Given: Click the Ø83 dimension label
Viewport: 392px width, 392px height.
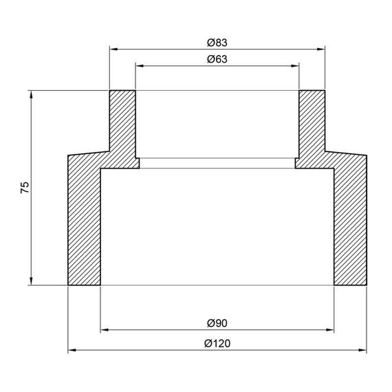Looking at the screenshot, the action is point(217,43).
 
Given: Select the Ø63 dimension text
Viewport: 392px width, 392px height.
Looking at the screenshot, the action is point(217,59).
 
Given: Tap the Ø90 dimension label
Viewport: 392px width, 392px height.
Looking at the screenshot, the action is point(217,323).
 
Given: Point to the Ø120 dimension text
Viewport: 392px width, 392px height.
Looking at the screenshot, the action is point(217,343).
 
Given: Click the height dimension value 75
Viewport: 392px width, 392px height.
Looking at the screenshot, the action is point(25,187).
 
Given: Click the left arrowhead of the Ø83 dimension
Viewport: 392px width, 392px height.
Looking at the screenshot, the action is point(113,50).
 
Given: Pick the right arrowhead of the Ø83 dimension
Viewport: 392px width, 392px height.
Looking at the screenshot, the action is point(320,50).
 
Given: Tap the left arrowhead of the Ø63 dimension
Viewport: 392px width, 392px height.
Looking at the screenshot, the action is point(140,66).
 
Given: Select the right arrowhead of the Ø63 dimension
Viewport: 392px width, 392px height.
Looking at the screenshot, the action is point(295,66).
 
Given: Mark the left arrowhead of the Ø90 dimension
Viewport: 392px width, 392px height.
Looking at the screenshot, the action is point(105,329).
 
